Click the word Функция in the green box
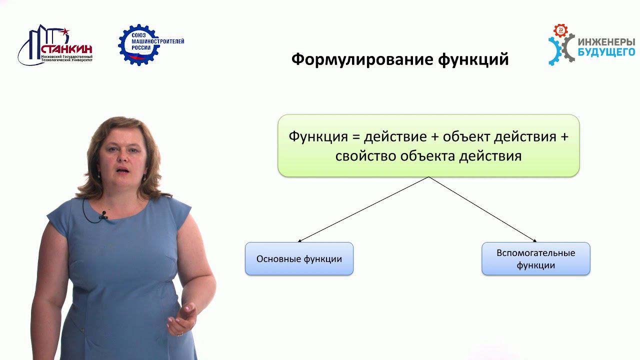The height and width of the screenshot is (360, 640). (319, 136)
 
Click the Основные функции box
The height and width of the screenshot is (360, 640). (299, 259)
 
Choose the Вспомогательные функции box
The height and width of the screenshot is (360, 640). (535, 259)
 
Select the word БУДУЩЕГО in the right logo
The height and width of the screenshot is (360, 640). (606, 51)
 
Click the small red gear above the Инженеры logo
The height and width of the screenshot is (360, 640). (561, 30)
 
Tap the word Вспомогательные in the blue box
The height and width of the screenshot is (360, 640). (535, 253)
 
